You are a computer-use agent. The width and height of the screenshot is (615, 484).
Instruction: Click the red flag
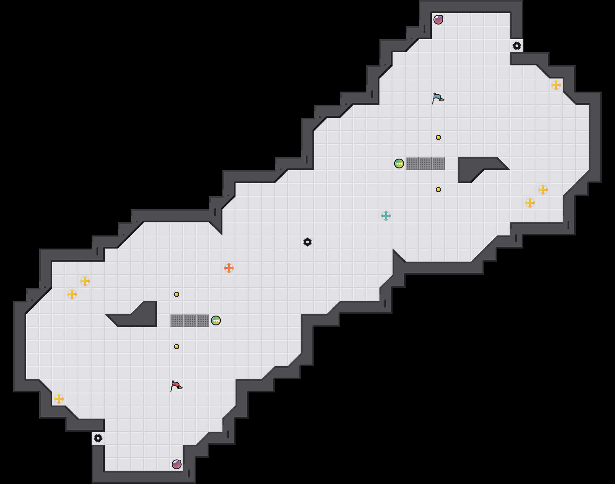[176, 386]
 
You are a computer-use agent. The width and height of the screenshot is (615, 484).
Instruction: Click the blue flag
[438, 98]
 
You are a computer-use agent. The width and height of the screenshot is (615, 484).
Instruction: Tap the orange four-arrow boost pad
[229, 268]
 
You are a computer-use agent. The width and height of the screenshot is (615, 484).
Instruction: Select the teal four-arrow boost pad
[386, 216]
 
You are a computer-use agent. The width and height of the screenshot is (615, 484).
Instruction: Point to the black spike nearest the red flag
[98, 438]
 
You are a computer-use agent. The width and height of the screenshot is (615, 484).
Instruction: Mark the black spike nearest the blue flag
[517, 46]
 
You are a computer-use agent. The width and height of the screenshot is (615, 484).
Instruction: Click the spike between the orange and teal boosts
[307, 242]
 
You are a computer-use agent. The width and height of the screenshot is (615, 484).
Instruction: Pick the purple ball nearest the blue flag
[438, 20]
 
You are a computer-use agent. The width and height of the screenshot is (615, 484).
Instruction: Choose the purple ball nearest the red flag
[177, 464]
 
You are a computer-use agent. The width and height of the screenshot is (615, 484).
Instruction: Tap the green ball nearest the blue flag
[399, 164]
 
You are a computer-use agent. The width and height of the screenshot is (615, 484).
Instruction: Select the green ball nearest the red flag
[216, 320]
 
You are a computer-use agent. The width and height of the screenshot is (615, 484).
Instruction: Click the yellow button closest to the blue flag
[438, 137]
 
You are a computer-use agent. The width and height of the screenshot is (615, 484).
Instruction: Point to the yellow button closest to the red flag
[177, 347]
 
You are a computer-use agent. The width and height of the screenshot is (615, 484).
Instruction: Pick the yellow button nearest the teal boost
[438, 190]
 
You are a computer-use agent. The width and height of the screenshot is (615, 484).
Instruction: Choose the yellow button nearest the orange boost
[177, 294]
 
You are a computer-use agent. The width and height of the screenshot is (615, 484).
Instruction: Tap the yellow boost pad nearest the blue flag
[556, 85]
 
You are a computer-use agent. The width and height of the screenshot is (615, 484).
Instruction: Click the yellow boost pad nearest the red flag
[59, 399]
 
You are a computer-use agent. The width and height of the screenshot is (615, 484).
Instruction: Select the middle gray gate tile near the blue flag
[425, 164]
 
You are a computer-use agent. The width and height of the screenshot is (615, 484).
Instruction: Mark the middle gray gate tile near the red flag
[190, 320]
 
